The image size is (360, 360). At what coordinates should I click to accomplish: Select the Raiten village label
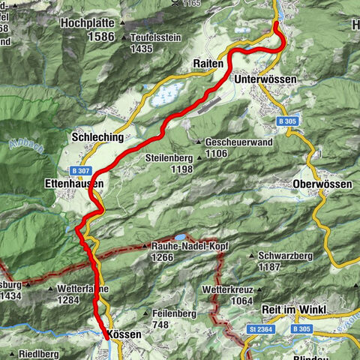208,64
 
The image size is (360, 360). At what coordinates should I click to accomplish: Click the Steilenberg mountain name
174,158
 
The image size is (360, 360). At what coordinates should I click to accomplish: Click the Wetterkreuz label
232,289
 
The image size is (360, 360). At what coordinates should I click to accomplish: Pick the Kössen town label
124,334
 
